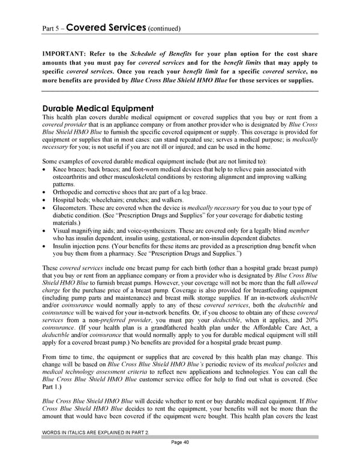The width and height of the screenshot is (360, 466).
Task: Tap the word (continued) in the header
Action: coord(162,28)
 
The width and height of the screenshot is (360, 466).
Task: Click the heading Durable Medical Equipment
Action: coord(100,108)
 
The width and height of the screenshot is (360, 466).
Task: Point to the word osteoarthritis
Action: coord(72,177)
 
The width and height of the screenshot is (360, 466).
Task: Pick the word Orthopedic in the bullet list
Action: coord(67,192)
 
